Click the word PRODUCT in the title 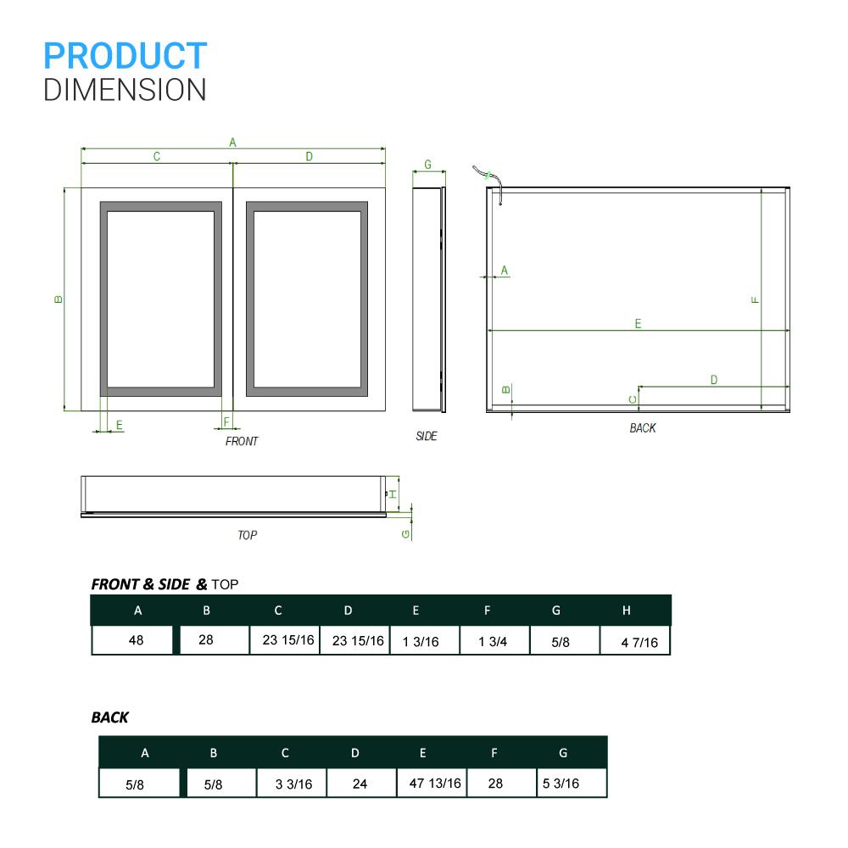(x=125, y=56)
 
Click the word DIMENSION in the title (x=125, y=89)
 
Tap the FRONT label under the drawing (x=242, y=441)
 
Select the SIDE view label (x=427, y=436)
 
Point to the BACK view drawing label (x=643, y=428)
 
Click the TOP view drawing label (x=247, y=535)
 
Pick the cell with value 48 (x=136, y=640)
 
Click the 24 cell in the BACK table (x=360, y=784)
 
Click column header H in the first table (x=626, y=611)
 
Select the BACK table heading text (x=110, y=717)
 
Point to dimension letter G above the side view (x=427, y=164)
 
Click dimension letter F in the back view (x=755, y=299)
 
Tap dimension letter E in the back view (x=638, y=323)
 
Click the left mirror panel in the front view (x=160, y=298)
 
